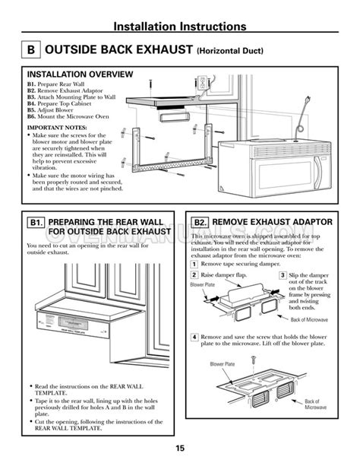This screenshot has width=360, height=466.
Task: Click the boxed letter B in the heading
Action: [x=28, y=51]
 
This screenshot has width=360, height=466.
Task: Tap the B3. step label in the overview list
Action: [x=33, y=97]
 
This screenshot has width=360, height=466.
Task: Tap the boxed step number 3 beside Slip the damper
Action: [x=283, y=274]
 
